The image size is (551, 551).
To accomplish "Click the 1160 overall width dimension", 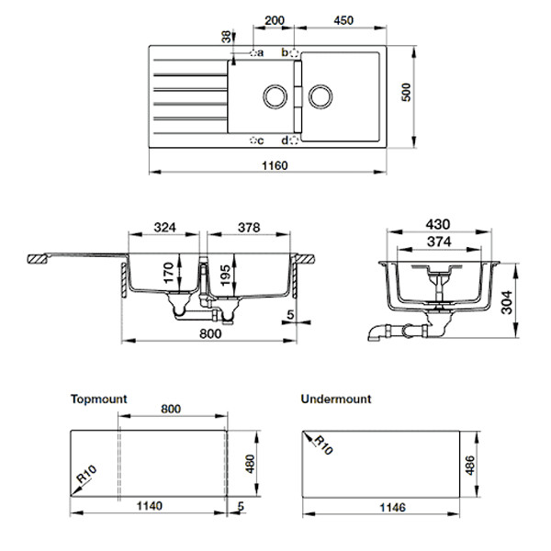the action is [275, 165].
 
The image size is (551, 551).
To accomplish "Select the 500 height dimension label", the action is [406, 93].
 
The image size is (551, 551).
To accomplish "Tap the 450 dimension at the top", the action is [343, 20].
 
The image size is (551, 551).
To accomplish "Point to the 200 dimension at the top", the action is [275, 20].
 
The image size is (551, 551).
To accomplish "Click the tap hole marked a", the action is [253, 53].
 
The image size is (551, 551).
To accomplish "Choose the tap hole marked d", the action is [294, 141].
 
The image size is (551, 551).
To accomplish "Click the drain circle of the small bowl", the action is [275, 96].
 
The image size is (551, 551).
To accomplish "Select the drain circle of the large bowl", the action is [320, 96].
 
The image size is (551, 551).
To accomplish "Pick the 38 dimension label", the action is [227, 37].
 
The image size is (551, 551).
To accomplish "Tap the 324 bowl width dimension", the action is [164, 228].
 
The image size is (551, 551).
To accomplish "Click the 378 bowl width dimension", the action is [249, 228].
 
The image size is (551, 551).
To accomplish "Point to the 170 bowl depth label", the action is [169, 273].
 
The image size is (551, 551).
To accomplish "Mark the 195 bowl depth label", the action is [226, 275].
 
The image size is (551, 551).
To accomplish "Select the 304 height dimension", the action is [507, 302].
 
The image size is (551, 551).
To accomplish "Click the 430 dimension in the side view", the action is [438, 224].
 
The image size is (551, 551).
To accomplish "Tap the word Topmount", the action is [99, 399].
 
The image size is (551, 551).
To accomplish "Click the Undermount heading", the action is [336, 399].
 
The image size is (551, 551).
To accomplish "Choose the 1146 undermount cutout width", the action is [392, 508].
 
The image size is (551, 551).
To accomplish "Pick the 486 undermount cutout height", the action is [470, 466].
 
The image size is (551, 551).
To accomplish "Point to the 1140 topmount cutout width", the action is [150, 506].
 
